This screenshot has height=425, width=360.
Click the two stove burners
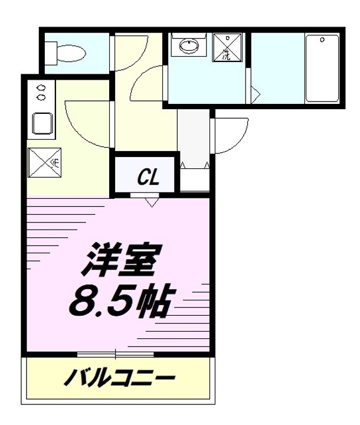[41, 91]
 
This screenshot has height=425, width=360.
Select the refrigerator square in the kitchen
[43, 161]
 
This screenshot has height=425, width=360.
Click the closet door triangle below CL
[152, 202]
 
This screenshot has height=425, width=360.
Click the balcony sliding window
[116, 354]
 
